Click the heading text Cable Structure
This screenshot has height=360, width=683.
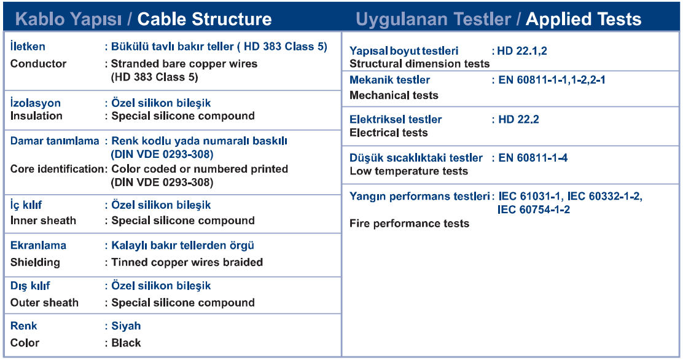205,19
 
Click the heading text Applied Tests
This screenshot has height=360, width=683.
583,19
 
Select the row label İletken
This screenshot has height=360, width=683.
28,46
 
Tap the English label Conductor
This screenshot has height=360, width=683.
38,64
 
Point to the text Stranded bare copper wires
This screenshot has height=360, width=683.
184,64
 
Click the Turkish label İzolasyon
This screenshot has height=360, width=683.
35,103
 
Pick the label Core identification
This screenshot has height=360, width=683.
57,169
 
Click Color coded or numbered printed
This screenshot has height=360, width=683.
200,169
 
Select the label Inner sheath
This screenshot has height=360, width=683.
43,221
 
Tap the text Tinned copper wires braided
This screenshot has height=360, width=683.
187,262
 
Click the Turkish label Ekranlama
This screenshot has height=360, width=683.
38,245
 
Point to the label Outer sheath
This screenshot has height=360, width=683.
44,302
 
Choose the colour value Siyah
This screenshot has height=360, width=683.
126,326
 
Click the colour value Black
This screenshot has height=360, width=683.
126,343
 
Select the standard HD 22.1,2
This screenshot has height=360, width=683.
522,51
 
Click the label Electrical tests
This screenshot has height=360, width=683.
389,133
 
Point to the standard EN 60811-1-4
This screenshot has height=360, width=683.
533,158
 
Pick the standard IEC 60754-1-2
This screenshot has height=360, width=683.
534,209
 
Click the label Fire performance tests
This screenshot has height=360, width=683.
410,224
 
